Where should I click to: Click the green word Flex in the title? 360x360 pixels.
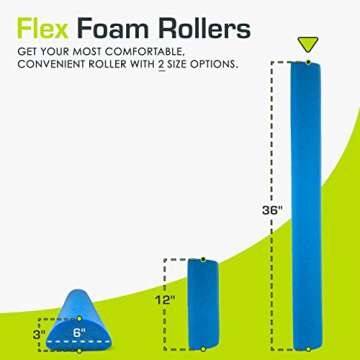point(45,24)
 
